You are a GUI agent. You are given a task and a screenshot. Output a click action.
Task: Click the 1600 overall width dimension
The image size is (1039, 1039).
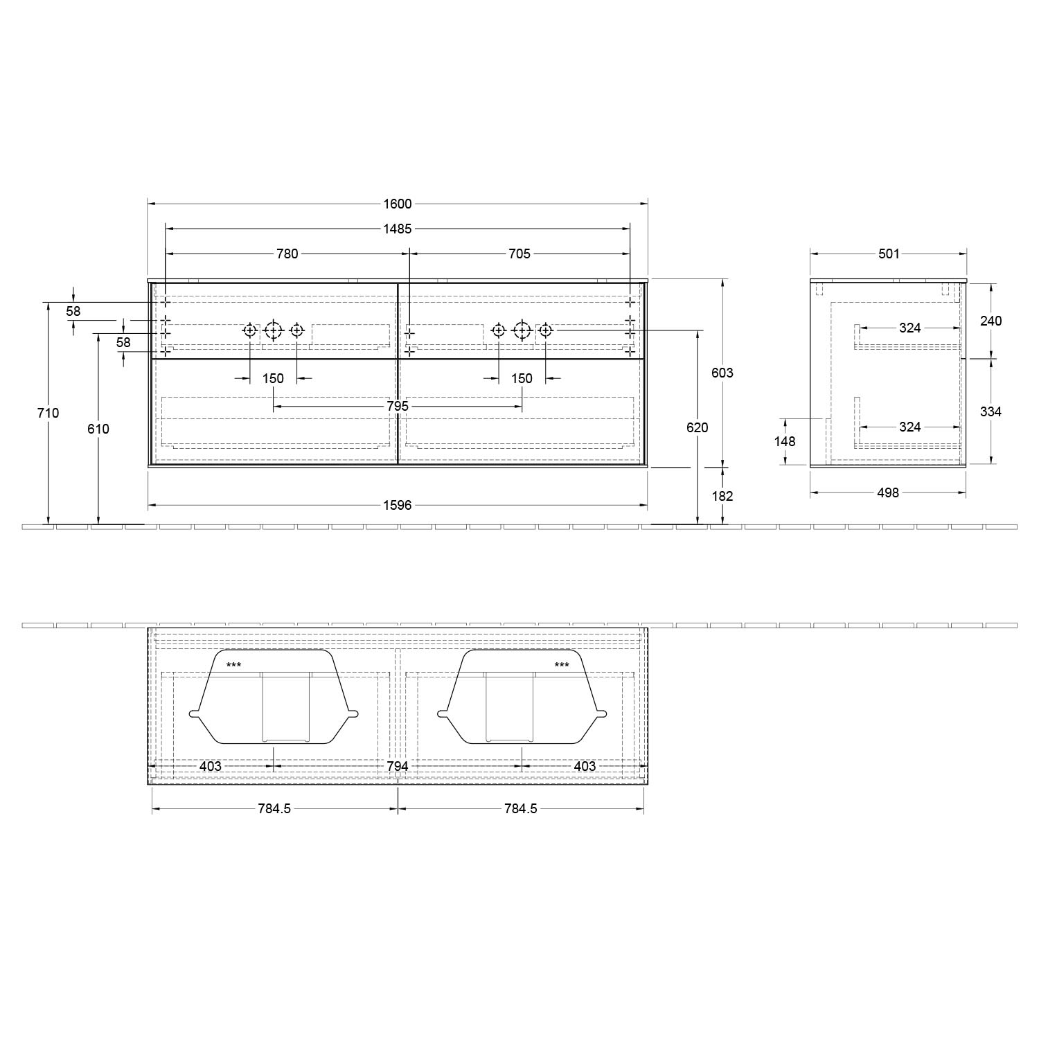click(398, 204)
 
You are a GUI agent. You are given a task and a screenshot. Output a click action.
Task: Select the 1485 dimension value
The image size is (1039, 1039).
click(398, 229)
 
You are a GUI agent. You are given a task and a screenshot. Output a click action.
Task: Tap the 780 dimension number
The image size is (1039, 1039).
click(287, 254)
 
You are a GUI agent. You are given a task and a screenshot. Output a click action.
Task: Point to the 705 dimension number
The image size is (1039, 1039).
click(519, 254)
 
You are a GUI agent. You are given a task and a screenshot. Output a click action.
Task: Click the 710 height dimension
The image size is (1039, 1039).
click(48, 413)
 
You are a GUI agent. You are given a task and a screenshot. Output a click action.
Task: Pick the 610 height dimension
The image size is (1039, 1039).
click(98, 429)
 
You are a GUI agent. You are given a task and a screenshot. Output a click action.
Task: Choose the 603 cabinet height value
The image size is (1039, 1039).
click(722, 373)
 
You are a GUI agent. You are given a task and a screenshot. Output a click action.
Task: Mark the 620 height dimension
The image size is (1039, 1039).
click(698, 427)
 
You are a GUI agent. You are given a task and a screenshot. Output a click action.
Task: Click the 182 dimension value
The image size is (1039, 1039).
click(722, 496)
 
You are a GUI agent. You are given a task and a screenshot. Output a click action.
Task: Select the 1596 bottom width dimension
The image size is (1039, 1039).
click(398, 505)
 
